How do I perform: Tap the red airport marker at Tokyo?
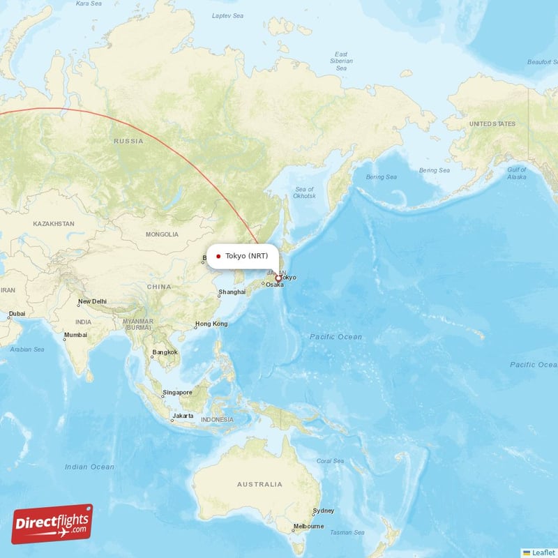(278, 278)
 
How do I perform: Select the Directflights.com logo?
(52, 524)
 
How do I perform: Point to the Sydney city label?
(324, 511)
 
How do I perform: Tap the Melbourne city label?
(308, 526)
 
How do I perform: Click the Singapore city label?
(177, 393)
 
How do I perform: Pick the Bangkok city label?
(165, 352)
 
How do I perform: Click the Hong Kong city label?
(211, 324)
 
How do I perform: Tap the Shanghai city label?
(232, 292)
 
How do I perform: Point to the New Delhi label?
(92, 301)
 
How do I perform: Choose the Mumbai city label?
(75, 335)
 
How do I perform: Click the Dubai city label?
(17, 313)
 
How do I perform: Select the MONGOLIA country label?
(162, 234)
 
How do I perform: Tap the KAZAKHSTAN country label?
(53, 224)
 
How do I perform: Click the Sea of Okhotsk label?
(305, 193)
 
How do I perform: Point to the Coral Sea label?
(329, 460)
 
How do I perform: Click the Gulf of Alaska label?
(517, 174)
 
